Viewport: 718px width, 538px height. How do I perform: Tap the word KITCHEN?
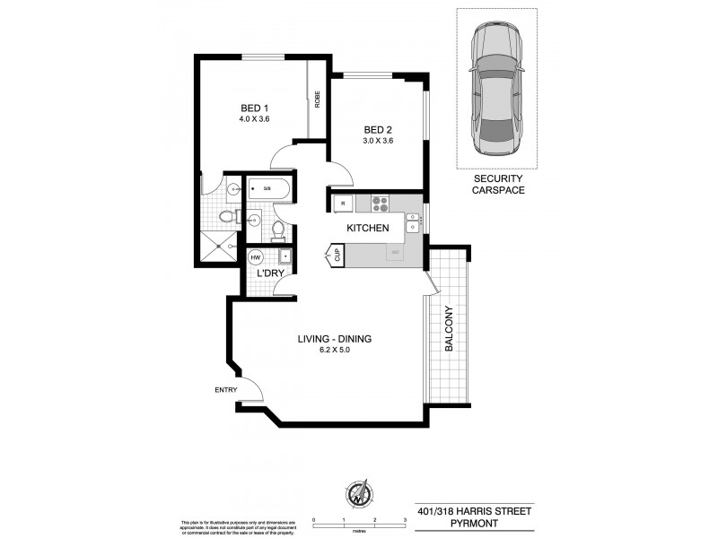(368, 228)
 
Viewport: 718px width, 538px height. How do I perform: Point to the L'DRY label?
(272, 272)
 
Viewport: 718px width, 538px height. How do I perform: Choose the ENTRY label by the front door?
(224, 389)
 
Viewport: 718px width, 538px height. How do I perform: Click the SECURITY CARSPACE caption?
(497, 185)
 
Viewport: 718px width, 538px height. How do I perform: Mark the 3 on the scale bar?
(406, 520)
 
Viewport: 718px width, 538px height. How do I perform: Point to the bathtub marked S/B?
(268, 189)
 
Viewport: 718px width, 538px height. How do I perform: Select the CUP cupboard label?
(337, 256)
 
